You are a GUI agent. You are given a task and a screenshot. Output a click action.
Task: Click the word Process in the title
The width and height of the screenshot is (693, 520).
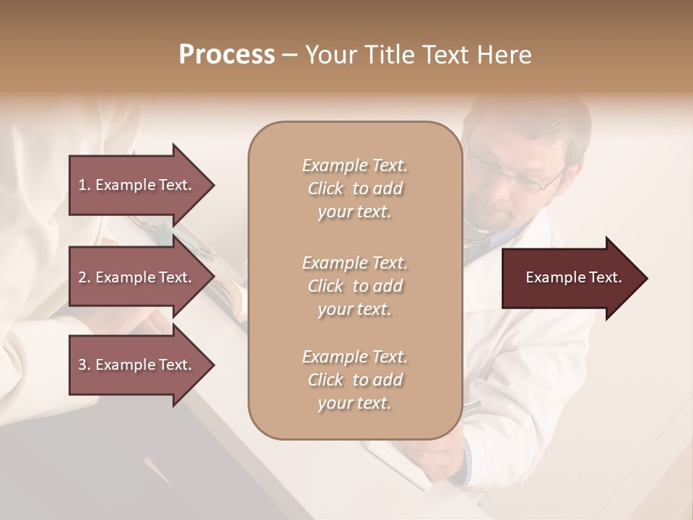(227, 55)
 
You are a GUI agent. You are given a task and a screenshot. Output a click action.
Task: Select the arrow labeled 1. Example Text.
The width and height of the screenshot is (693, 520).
(137, 185)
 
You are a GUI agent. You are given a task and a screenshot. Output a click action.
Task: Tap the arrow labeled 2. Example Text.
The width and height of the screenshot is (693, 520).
(137, 277)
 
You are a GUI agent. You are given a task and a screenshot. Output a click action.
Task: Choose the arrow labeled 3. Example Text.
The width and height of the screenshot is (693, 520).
(137, 365)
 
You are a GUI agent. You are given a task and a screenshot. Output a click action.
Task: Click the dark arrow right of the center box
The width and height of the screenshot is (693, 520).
(570, 278)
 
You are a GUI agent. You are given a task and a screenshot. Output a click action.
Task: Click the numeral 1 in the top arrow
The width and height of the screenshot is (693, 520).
(82, 185)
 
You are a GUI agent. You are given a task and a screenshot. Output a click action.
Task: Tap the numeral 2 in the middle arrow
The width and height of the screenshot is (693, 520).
(82, 277)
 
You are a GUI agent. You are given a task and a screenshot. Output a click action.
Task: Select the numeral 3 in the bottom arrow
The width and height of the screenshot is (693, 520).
(82, 365)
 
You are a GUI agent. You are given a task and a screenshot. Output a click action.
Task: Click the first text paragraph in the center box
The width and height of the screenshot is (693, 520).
(354, 188)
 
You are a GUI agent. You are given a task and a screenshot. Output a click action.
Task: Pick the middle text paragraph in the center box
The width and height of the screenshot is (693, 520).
(354, 286)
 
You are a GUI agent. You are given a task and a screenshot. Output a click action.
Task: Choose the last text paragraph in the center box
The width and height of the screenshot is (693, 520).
(354, 380)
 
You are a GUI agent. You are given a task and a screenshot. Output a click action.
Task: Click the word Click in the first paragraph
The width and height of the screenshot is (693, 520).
(326, 189)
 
